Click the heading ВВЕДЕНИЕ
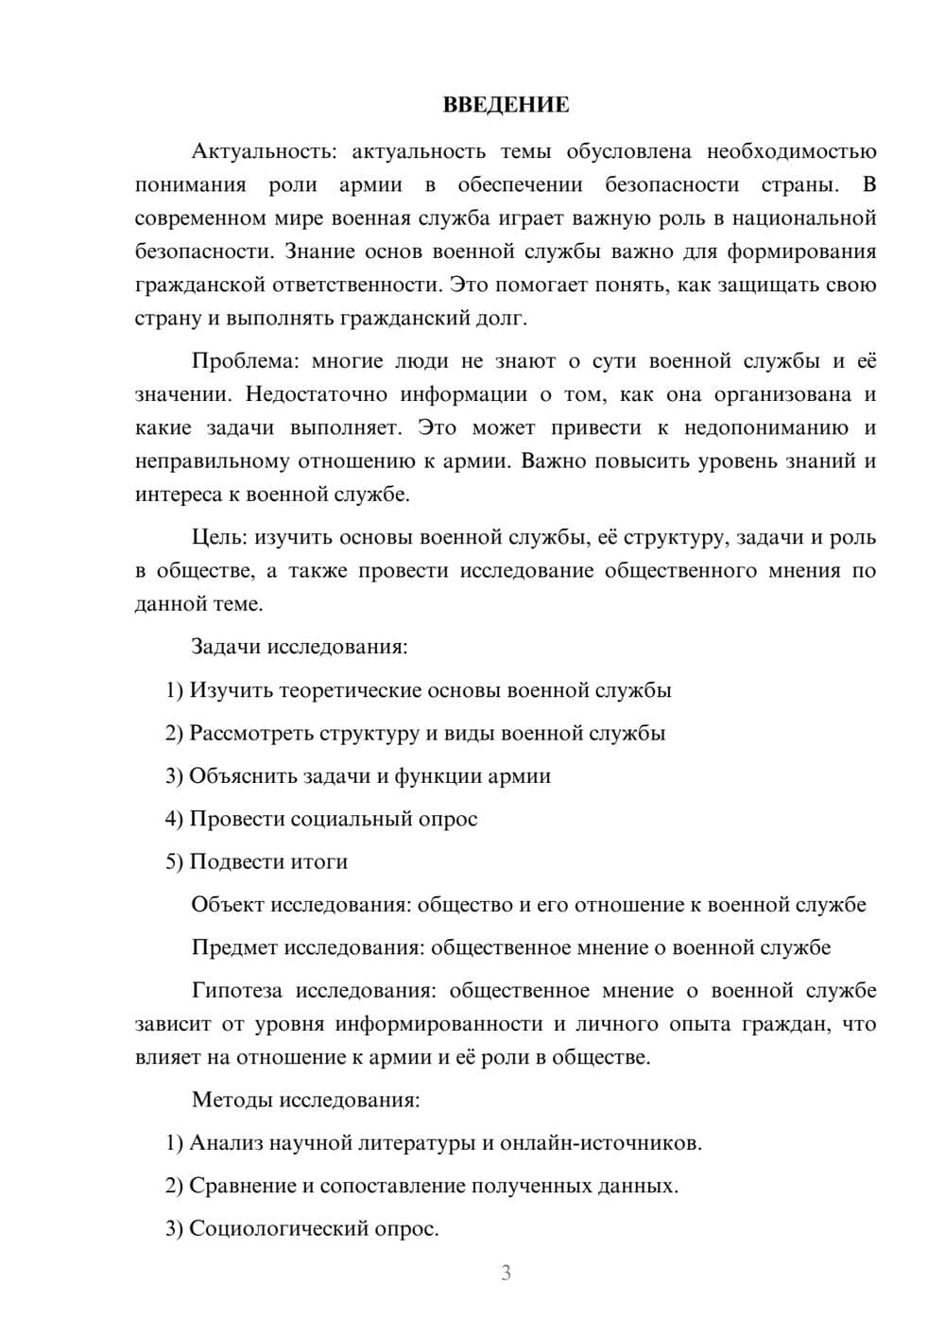pyautogui.click(x=506, y=105)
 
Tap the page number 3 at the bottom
pyautogui.click(x=506, y=1273)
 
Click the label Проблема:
pyautogui.click(x=241, y=361)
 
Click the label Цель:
pyautogui.click(x=219, y=537)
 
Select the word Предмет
pyautogui.click(x=234, y=947)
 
